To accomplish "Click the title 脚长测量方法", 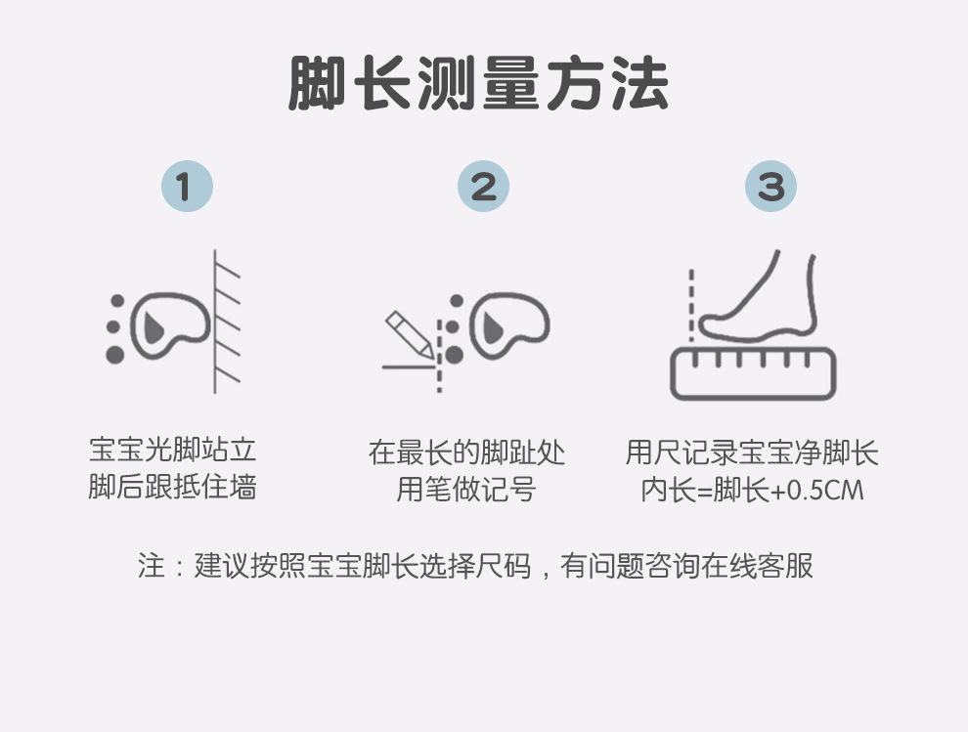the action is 478,83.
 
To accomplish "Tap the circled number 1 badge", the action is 187,187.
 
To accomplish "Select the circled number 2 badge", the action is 483,187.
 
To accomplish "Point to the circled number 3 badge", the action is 770,187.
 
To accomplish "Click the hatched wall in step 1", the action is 227,321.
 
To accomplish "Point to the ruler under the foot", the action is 753,372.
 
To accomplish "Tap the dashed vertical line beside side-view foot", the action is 691,305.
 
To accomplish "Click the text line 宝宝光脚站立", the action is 172,450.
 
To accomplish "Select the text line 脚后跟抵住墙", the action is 172,487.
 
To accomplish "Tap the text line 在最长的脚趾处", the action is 466,452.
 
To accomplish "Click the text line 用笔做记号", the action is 466,490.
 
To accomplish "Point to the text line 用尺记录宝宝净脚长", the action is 752,452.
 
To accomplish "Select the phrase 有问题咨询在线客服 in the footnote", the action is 686,565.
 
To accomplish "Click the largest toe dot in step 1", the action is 114,355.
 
